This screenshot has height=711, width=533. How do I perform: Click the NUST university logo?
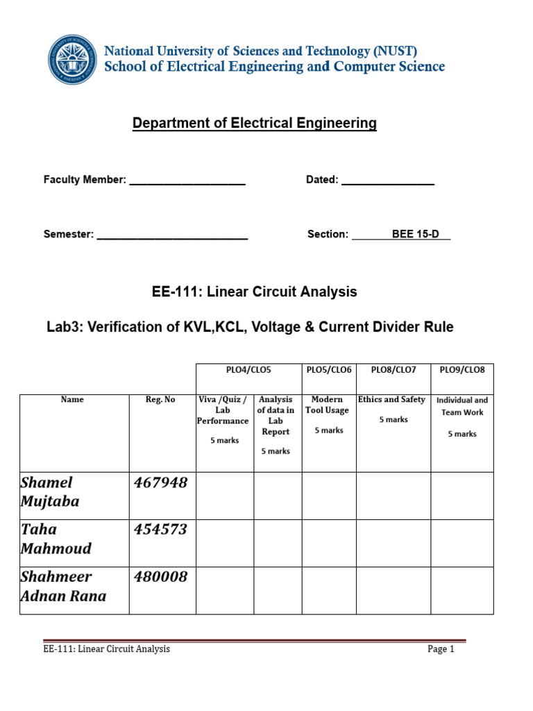coord(73,60)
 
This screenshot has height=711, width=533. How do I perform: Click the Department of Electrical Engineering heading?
coord(254,124)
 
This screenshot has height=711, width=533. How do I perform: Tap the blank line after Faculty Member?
coord(187,181)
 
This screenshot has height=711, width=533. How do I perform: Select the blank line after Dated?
coord(388,181)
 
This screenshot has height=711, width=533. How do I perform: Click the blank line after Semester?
coord(172,235)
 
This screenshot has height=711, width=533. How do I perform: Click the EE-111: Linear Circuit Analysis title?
coord(254,292)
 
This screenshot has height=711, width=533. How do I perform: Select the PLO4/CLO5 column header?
coord(248,369)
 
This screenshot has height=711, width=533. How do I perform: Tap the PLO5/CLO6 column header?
coord(329,369)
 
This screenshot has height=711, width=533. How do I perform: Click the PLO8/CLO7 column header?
coord(393,369)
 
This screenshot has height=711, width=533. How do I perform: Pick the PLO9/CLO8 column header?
coord(462,369)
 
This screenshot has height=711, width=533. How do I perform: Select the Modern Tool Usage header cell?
coord(329,415)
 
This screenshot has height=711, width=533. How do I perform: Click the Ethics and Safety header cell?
coord(393,409)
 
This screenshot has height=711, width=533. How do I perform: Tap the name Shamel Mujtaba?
coord(50,492)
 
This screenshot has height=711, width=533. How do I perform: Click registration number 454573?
coord(160,529)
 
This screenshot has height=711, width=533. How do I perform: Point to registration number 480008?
coord(160,576)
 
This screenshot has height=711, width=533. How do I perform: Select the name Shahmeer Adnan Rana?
coord(63,586)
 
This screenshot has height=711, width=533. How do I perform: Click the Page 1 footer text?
coord(441,649)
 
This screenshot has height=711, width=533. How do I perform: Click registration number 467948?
coord(160,483)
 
